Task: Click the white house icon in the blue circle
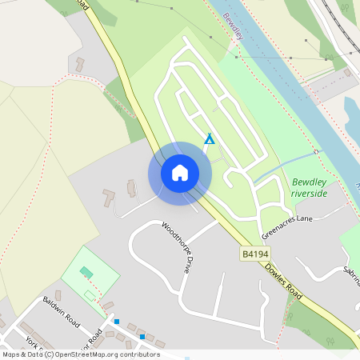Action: coord(179,173)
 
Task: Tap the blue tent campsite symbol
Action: coord(209,138)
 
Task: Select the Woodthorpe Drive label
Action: coord(177,248)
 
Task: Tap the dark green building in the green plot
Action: coord(86,273)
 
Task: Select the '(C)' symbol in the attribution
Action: coord(49,354)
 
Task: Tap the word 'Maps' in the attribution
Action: coord(11,354)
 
